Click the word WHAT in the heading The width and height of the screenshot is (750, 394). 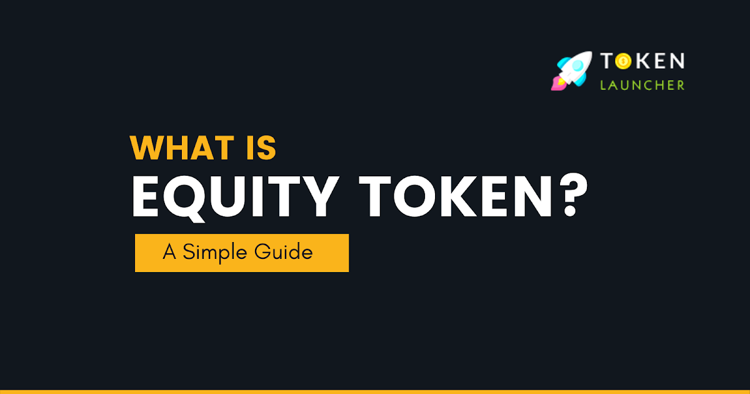185,148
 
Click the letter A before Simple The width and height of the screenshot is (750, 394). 169,253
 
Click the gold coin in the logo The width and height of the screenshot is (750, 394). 624,61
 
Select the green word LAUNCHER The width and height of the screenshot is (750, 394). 642,85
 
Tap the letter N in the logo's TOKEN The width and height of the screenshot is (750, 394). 676,61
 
